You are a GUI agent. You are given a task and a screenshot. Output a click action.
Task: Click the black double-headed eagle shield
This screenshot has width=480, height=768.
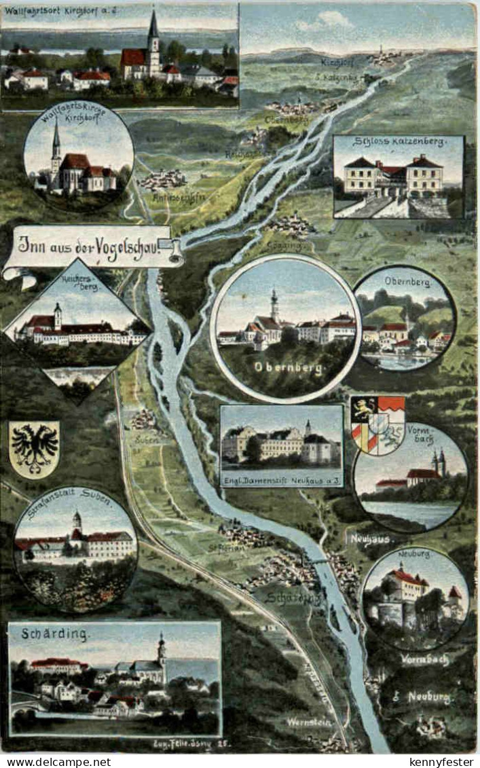tap(34, 448)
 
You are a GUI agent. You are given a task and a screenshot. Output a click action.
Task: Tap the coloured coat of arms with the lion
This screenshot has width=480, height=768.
tap(377, 424)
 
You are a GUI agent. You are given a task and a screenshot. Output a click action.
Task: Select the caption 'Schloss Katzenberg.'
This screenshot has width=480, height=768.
tap(399, 143)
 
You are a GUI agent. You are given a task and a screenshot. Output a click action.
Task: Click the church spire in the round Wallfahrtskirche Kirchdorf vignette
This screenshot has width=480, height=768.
tap(56, 146)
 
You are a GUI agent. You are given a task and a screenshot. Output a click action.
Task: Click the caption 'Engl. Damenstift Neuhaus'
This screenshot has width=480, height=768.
tap(280, 481)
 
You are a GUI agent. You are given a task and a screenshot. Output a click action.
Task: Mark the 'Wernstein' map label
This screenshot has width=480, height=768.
tap(309, 722)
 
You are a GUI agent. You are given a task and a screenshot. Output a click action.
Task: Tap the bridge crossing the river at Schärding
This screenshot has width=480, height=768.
tap(319, 560)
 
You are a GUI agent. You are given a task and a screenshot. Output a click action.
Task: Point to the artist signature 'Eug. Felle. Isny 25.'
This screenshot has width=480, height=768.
tap(194, 745)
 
